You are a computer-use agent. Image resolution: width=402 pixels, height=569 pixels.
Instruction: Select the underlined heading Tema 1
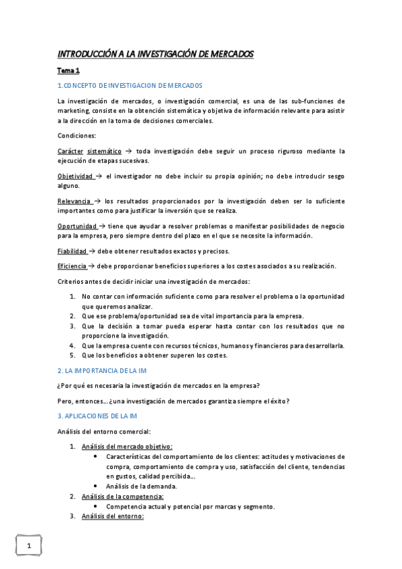tap(68, 70)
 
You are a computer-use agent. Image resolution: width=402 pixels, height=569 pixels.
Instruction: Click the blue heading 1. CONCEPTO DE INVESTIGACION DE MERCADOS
tap(130, 85)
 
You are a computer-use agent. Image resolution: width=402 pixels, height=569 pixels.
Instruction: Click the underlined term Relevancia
tap(74, 201)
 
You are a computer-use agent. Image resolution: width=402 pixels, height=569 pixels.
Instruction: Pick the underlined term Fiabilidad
tap(72, 251)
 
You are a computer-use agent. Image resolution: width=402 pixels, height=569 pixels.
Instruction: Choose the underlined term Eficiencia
tap(72, 266)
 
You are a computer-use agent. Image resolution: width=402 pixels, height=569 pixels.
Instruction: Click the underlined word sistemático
tap(105, 151)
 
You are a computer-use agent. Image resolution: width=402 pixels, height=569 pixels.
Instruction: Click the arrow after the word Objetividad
tap(98, 176)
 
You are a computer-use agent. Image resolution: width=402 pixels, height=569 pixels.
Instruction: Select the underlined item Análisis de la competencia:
tap(123, 497)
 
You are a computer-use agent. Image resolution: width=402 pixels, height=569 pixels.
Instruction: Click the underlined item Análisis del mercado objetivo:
tap(127, 446)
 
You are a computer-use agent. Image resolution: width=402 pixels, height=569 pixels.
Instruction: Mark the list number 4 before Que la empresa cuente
tap(73, 346)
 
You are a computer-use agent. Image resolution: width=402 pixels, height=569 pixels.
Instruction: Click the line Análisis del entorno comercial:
tap(104, 431)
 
